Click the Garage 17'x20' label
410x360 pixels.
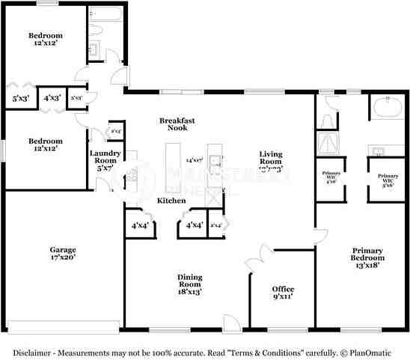click(64, 254)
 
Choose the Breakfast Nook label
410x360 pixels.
click(177, 123)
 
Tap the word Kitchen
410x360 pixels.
click(171, 201)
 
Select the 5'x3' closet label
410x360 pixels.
click(20, 98)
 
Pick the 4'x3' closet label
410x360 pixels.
click(52, 98)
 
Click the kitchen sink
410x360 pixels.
click(215, 160)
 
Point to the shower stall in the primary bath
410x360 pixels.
click(328, 142)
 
